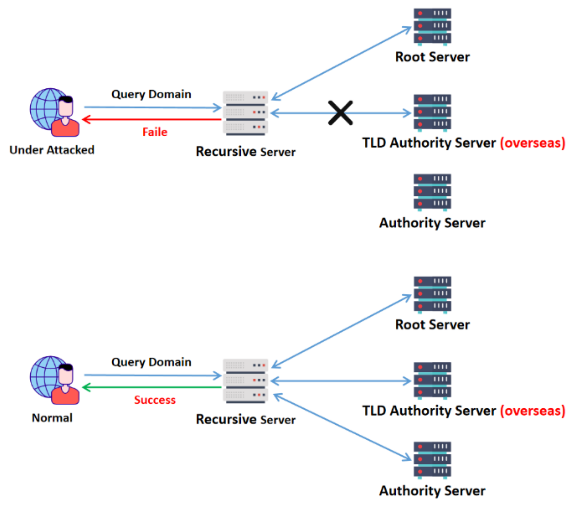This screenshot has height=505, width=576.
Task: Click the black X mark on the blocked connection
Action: click(341, 113)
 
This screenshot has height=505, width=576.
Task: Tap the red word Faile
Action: click(155, 132)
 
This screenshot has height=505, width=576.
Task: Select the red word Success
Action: click(155, 400)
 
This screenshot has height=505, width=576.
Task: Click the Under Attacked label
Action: click(52, 150)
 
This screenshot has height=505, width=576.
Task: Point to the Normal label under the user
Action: click(52, 418)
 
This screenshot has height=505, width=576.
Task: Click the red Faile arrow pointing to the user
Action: click(152, 119)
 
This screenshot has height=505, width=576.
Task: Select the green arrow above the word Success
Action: click(152, 387)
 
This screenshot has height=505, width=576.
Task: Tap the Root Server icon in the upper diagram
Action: click(432, 27)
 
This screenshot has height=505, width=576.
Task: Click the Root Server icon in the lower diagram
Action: click(432, 295)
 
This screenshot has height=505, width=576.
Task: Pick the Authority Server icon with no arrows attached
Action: click(432, 192)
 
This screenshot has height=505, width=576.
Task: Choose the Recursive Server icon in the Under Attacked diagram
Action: click(245, 113)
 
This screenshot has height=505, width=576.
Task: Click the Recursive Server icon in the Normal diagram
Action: click(245, 381)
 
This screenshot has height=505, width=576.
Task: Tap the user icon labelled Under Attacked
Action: click(55, 112)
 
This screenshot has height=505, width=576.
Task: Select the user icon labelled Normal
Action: click(55, 380)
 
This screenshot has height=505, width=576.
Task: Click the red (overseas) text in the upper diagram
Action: click(533, 143)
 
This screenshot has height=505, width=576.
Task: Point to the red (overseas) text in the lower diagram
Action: click(533, 411)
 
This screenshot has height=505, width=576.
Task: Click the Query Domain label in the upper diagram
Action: click(151, 94)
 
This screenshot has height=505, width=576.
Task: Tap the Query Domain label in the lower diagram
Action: click(151, 362)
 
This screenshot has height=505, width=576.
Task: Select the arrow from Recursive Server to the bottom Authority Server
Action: click(342, 427)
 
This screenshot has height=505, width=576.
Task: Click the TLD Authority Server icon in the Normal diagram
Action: click(432, 380)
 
